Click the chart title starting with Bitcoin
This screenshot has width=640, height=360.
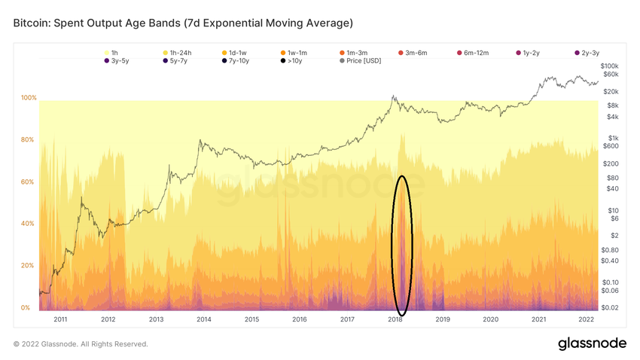(x=183, y=23)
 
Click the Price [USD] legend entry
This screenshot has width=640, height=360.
(x=358, y=61)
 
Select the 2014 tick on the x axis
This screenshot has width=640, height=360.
(x=203, y=319)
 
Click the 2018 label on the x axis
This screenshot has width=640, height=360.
(x=395, y=319)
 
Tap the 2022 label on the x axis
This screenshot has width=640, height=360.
(x=586, y=319)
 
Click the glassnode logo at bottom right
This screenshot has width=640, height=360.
(x=592, y=343)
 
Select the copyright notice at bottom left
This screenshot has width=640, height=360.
(x=81, y=344)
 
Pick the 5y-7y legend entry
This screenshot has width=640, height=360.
(x=176, y=61)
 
